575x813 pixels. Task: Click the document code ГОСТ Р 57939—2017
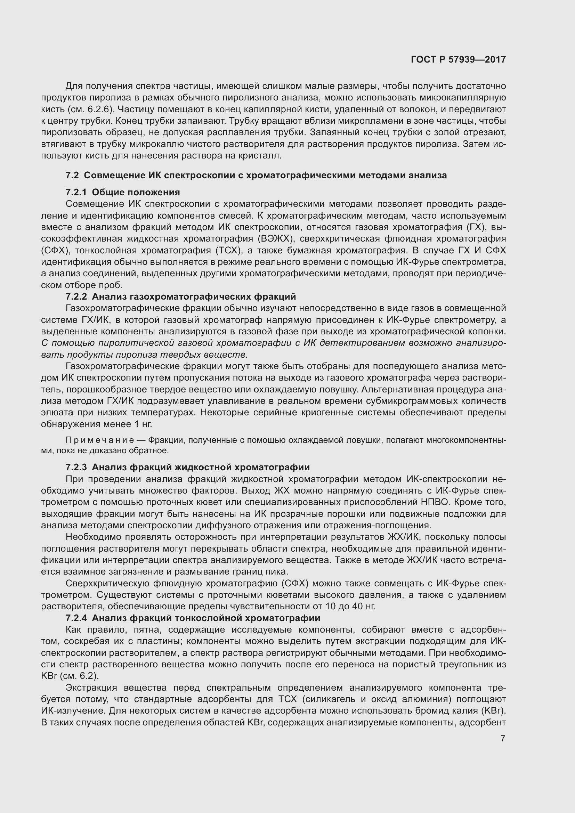click(x=458, y=59)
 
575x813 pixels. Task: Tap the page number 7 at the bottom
click(x=503, y=738)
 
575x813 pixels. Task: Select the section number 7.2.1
click(x=76, y=192)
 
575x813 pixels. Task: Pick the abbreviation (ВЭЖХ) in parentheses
click(x=274, y=239)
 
